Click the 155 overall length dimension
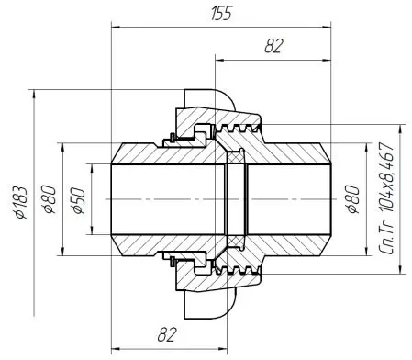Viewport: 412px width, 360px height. [x=221, y=14]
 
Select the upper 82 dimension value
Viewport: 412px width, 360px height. [x=273, y=46]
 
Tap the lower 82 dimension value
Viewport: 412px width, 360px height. [x=167, y=334]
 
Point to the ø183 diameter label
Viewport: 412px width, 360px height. [x=21, y=202]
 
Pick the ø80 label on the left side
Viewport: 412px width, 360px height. [x=50, y=199]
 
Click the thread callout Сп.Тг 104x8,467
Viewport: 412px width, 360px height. [x=386, y=198]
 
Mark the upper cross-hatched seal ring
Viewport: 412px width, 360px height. [x=236, y=158]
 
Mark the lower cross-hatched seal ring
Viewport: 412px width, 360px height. [x=236, y=242]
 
